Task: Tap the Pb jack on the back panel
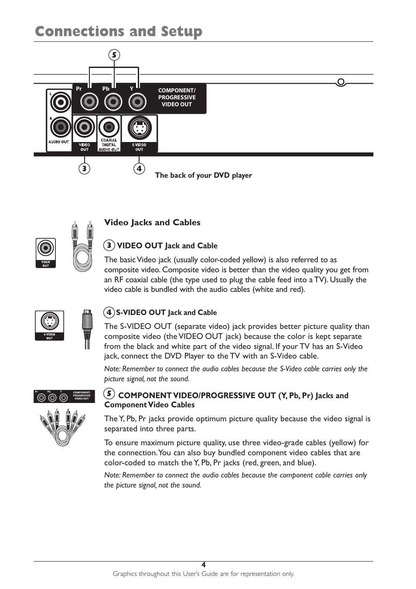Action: point(113,102)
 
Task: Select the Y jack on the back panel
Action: point(137,102)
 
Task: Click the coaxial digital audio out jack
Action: point(109,128)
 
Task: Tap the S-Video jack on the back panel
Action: point(139,128)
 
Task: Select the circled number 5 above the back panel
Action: point(114,55)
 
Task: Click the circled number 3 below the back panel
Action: point(84,168)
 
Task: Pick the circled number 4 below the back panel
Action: point(139,168)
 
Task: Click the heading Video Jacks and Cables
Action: point(152,222)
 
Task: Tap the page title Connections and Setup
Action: point(119,31)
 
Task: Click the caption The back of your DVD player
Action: point(203,175)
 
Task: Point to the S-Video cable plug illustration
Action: point(87,328)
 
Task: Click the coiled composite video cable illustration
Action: point(82,247)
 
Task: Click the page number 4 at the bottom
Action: point(203,565)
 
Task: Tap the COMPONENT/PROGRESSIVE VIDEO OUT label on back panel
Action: point(177,98)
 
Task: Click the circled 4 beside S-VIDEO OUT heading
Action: point(109,312)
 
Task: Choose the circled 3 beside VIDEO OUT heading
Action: point(109,246)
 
